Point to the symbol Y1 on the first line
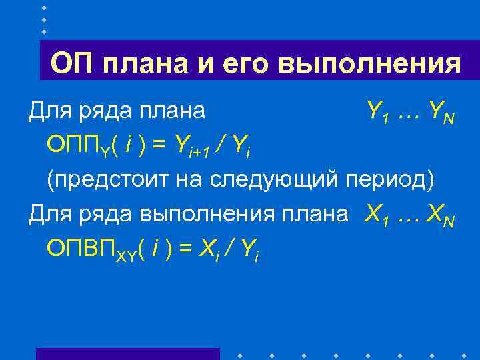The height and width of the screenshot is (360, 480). click(x=377, y=111)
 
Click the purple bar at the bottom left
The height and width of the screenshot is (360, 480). click(x=127, y=354)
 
